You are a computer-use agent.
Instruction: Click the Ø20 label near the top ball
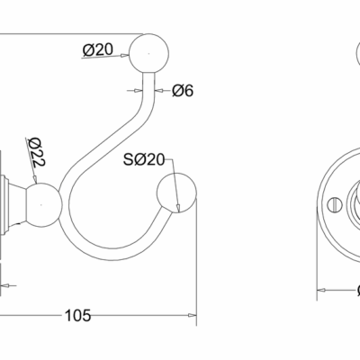coord(98,49)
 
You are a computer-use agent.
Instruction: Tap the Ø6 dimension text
coord(183,90)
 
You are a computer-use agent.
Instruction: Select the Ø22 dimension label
coord(37,152)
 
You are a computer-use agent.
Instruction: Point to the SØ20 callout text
coord(144,159)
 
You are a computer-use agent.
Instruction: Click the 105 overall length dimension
coord(77,315)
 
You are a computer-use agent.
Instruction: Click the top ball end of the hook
coord(148,53)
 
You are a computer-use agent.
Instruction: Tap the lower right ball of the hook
coord(176,193)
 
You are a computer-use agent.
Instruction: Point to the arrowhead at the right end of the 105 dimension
coord(193,315)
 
